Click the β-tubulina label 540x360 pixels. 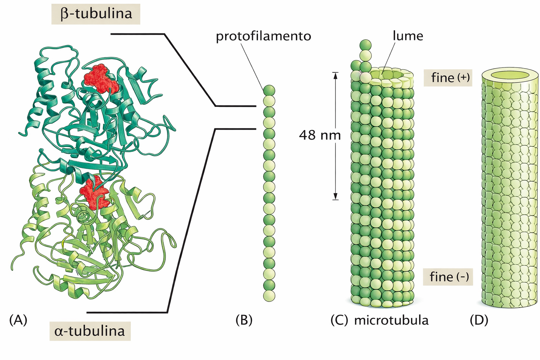pyautogui.click(x=96, y=14)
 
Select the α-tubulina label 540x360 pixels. pyautogui.click(x=90, y=331)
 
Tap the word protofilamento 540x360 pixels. pyautogui.click(x=263, y=37)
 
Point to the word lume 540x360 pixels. pyautogui.click(x=408, y=36)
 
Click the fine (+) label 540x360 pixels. pyautogui.click(x=448, y=78)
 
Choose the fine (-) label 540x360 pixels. pyautogui.click(x=448, y=277)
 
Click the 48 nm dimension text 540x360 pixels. pyautogui.click(x=320, y=135)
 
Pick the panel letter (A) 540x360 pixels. pyautogui.click(x=18, y=320)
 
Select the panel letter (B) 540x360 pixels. pyautogui.click(x=244, y=320)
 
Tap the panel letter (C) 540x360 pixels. pyautogui.click(x=339, y=320)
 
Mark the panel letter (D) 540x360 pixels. pyautogui.click(x=479, y=320)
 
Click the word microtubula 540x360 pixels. pyautogui.click(x=391, y=321)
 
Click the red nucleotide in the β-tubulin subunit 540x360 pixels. pyautogui.click(x=101, y=79)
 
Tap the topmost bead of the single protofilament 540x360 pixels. pyautogui.click(x=269, y=90)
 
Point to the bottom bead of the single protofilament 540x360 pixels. pyautogui.click(x=269, y=296)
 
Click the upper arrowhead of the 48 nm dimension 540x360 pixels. pyautogui.click(x=335, y=75)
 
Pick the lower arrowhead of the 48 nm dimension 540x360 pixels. pyautogui.click(x=335, y=197)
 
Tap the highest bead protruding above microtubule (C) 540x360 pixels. pyautogui.click(x=366, y=45)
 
